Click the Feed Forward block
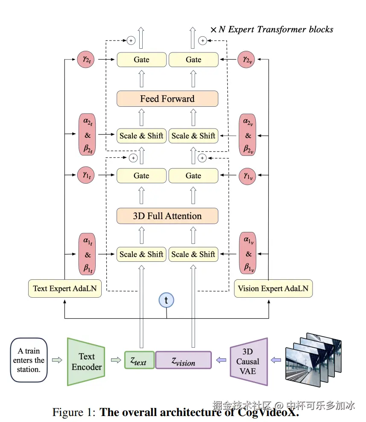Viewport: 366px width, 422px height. pyautogui.click(x=167, y=99)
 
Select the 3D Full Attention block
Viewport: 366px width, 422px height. pyautogui.click(x=167, y=216)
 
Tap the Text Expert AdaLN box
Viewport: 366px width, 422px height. pyautogui.click(x=65, y=288)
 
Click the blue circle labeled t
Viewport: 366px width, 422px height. pyautogui.click(x=166, y=300)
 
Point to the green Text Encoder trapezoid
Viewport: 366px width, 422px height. pyautogui.click(x=86, y=361)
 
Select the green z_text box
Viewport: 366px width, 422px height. pyautogui.click(x=139, y=360)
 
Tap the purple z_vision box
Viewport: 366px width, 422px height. pyautogui.click(x=183, y=360)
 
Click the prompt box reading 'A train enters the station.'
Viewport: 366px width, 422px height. pyautogui.click(x=29, y=360)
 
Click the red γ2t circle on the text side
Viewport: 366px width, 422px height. pyautogui.click(x=86, y=59)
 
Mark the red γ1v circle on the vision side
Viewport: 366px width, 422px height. pyautogui.click(x=247, y=175)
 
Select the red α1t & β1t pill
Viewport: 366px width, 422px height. pyautogui.click(x=88, y=255)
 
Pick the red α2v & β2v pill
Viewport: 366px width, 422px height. pyautogui.click(x=247, y=135)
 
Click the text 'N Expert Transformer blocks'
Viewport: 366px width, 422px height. pyautogui.click(x=276, y=29)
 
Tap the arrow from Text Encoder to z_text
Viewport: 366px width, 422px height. pyautogui.click(x=115, y=360)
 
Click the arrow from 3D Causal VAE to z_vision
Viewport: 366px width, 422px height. pyautogui.click(x=220, y=360)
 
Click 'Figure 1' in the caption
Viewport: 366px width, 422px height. pyautogui.click(x=72, y=413)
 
